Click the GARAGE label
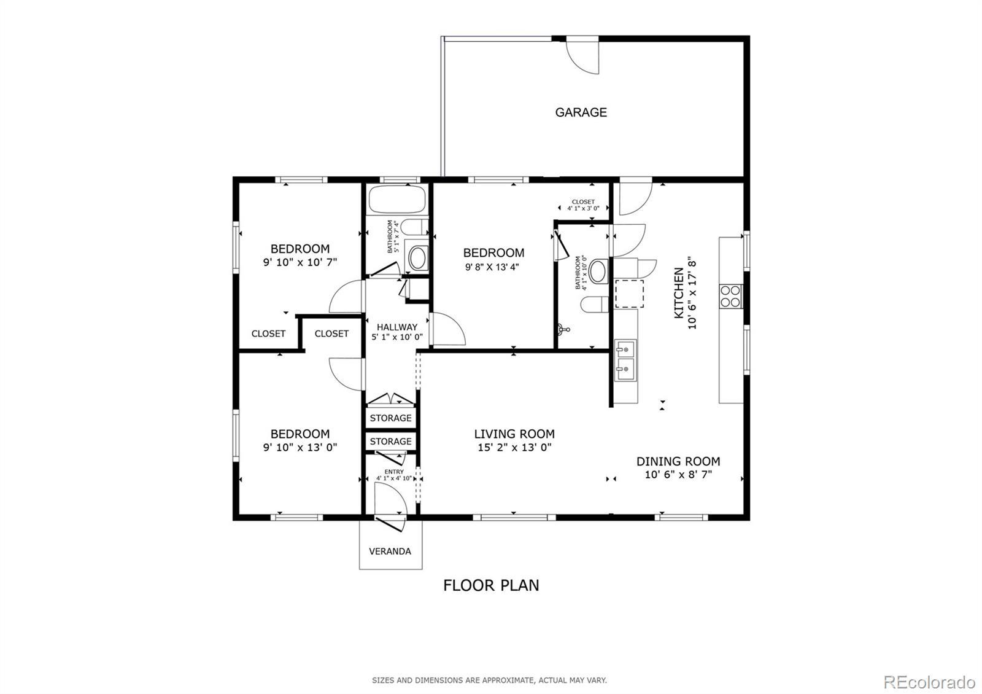(581, 112)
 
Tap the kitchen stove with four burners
(731, 296)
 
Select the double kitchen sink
(625, 360)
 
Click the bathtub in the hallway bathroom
(396, 199)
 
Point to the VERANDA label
(390, 552)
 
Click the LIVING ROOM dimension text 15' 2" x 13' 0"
(515, 448)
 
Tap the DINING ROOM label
(678, 461)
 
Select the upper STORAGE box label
(390, 418)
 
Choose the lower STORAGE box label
(390, 442)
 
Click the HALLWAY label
(397, 327)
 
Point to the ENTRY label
(394, 472)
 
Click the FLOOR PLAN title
(491, 585)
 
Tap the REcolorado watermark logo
(929, 682)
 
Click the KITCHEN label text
(679, 293)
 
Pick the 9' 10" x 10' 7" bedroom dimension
(300, 262)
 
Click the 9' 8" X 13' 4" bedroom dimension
(492, 267)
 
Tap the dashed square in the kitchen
(630, 294)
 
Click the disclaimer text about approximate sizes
(489, 680)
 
